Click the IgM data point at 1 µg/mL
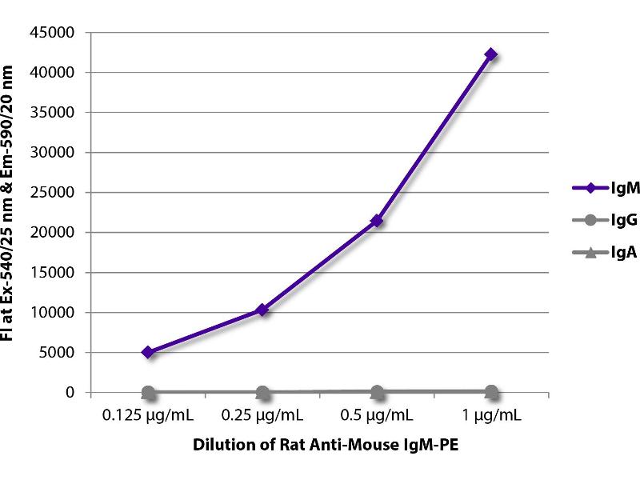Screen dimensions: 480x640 pos(491,54)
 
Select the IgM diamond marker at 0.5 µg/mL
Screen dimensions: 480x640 pos(377,221)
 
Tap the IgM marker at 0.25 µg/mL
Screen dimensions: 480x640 pos(262,310)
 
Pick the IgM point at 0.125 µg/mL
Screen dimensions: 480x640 pos(148,352)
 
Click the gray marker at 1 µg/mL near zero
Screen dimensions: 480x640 pos(491,391)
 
